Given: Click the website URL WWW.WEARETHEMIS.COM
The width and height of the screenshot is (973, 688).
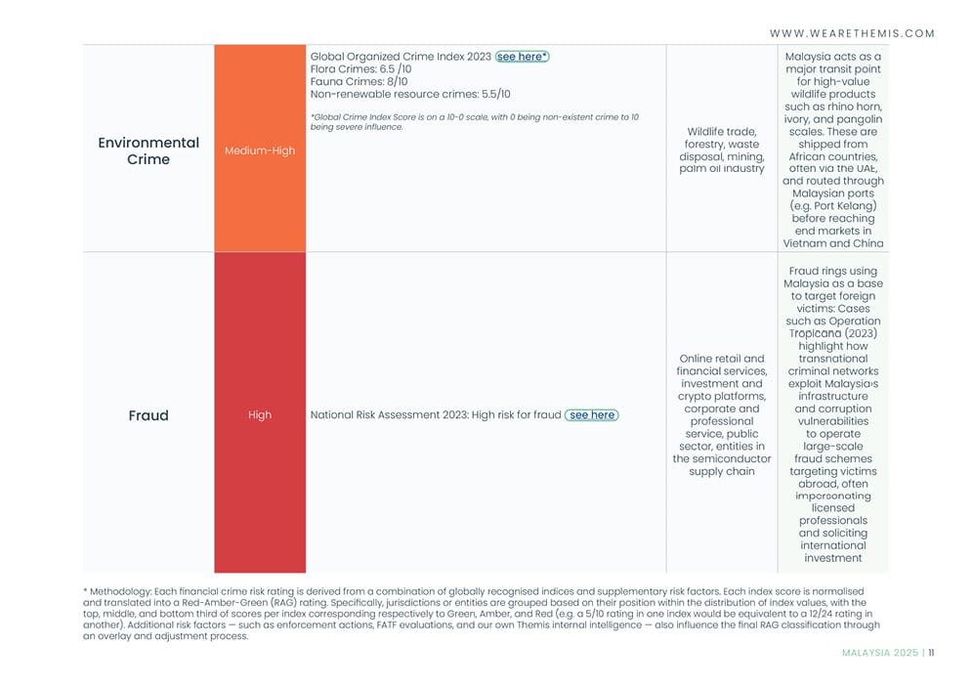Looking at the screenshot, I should [x=852, y=33].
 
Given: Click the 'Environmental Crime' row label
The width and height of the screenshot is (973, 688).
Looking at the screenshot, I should [x=148, y=150].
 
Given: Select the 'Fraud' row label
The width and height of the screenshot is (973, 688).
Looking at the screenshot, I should [x=148, y=415].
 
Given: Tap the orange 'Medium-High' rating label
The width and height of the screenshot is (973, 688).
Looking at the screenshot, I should [x=259, y=150].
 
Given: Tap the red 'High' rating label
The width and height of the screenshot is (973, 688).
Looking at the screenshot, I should [x=259, y=415].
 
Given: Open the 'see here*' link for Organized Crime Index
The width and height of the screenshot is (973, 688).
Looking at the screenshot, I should [x=523, y=57].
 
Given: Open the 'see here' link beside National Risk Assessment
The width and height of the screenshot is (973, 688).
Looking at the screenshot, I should [x=592, y=415].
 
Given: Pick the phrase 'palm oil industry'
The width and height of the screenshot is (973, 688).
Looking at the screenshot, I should [x=722, y=169].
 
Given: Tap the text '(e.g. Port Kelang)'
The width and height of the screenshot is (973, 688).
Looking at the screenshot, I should [x=833, y=206].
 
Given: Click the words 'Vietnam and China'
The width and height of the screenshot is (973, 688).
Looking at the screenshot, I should [x=833, y=243].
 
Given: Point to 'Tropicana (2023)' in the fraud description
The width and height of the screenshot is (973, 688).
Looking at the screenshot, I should [x=833, y=333].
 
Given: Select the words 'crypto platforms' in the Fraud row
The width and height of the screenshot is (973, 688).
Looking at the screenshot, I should [x=722, y=397].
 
